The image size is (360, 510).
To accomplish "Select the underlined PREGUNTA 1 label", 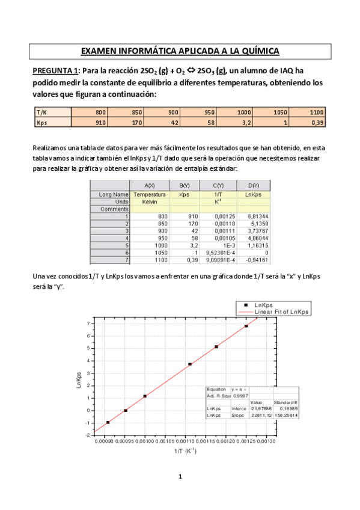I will pos(55,71).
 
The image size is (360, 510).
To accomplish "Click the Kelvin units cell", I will pos(149,201).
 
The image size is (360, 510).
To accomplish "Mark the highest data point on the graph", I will pos(246,326).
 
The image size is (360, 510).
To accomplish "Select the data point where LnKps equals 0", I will pos(125,410).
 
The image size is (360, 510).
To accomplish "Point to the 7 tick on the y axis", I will pos(88,323).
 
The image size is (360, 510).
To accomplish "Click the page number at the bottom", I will pos(180,476).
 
